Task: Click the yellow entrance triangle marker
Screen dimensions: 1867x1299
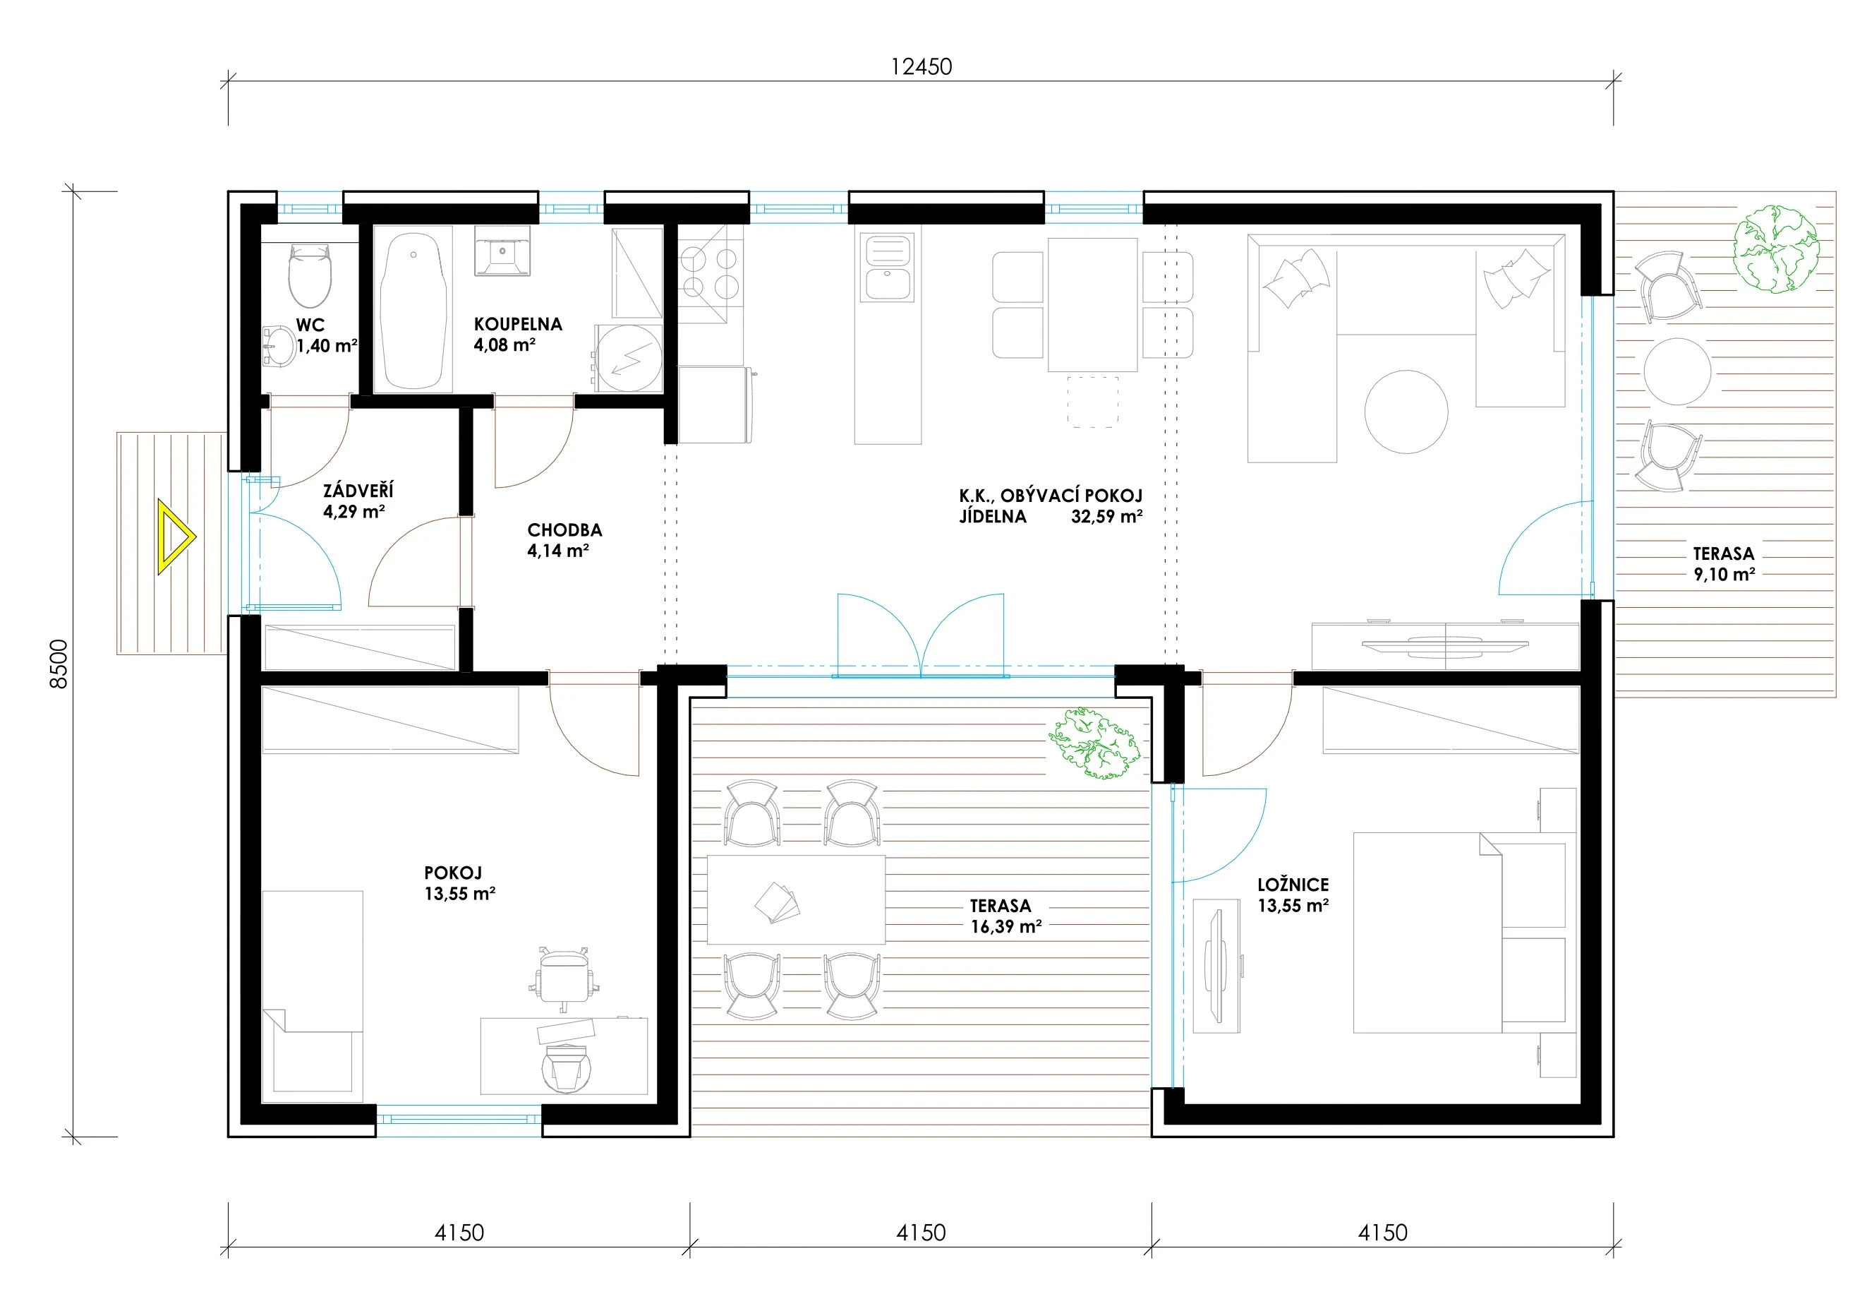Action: click(x=174, y=537)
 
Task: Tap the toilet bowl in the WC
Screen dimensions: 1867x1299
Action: click(x=310, y=275)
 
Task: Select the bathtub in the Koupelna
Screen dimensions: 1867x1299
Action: click(x=413, y=310)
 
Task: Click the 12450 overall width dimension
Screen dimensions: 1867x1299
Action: click(x=922, y=66)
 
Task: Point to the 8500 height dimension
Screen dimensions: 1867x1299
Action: click(x=59, y=664)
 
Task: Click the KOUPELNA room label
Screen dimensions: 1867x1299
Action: click(x=518, y=324)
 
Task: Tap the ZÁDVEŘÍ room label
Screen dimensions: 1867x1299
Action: click(x=358, y=490)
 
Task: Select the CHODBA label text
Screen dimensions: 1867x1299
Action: click(x=564, y=529)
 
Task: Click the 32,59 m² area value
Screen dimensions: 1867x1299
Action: click(x=1106, y=515)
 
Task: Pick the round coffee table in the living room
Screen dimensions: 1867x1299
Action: click(x=1406, y=412)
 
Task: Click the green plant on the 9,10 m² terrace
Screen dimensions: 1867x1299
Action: click(x=1775, y=249)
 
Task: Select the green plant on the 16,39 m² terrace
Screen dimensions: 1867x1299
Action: click(x=1094, y=743)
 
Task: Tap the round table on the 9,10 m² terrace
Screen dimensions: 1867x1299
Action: click(x=1677, y=371)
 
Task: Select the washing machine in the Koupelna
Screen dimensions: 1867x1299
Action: click(x=629, y=359)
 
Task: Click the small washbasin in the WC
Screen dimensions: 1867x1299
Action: click(x=279, y=347)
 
